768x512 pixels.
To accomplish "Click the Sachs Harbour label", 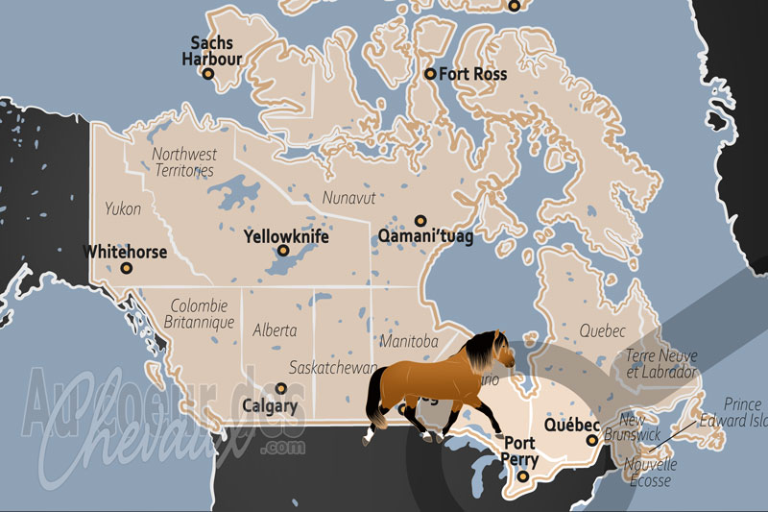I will click(212, 51).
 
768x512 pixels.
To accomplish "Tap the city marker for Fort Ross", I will click(430, 73).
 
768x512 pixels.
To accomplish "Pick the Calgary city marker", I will click(280, 388).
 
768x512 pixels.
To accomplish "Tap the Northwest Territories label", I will click(185, 161).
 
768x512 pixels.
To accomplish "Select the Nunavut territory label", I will click(345, 198).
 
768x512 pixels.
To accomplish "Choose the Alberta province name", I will click(275, 329).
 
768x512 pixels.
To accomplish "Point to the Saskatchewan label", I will click(333, 368).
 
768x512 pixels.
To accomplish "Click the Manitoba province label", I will click(409, 341).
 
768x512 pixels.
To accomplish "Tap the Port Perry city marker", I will click(523, 475).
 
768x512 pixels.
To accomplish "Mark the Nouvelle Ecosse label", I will click(650, 472).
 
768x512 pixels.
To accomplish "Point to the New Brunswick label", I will click(637, 427).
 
